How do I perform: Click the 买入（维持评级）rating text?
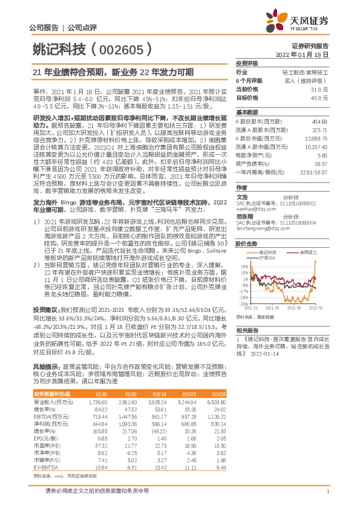pos(312,80)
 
